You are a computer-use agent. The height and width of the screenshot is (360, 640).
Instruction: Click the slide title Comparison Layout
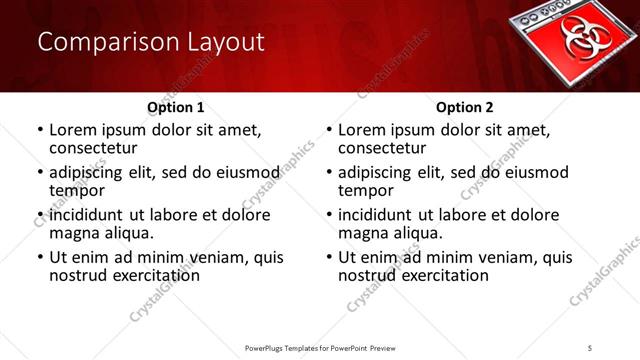tap(150, 42)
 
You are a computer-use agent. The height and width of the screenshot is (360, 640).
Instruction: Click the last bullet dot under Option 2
tap(329, 258)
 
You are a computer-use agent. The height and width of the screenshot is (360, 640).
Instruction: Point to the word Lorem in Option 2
tap(360, 130)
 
